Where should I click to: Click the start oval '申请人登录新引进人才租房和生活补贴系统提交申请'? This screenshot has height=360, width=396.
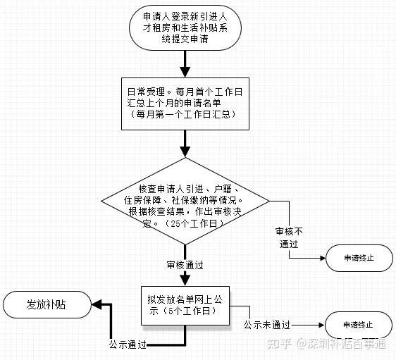185,27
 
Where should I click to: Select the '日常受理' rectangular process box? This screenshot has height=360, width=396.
185,104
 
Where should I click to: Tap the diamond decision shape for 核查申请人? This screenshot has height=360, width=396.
185,201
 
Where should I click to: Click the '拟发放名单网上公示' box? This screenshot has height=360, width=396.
185,306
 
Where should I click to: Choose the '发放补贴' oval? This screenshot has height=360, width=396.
47,304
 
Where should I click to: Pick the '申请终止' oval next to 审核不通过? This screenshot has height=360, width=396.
359,258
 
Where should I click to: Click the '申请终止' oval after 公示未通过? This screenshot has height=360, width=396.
359,325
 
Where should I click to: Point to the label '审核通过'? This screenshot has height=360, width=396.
185,265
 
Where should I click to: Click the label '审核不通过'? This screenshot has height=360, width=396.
289,237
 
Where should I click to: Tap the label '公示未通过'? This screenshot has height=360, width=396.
267,325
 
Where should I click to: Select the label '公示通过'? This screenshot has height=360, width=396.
128,345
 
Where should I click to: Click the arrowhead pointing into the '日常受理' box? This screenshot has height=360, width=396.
185,72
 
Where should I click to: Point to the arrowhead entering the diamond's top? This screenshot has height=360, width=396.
185,152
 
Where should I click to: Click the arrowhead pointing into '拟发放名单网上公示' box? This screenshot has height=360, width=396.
185,280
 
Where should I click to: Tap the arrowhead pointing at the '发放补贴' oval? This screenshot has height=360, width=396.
97,304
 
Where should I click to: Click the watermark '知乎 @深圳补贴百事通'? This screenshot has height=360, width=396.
326,344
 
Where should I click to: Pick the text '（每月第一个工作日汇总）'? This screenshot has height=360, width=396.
183,114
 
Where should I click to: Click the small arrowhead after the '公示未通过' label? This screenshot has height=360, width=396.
322,325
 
